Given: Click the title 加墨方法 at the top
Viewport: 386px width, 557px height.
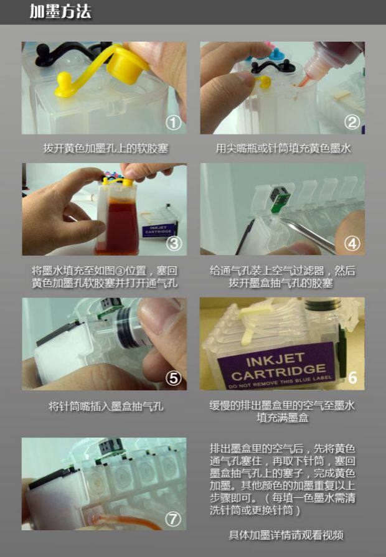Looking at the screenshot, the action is click(60, 11).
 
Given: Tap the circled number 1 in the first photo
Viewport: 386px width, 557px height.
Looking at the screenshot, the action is click(174, 123).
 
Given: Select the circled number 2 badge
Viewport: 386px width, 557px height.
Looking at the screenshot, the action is click(352, 122).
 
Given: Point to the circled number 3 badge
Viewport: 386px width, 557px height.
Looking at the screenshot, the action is click(174, 243).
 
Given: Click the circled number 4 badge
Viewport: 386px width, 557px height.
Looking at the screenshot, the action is click(352, 244).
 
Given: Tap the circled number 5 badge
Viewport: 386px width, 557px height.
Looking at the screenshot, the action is click(174, 378).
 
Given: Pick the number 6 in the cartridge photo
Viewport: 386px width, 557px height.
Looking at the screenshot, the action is click(352, 378).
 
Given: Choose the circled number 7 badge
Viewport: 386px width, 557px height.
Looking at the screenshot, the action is click(173, 519).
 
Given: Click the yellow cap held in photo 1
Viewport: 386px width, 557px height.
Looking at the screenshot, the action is click(126, 67).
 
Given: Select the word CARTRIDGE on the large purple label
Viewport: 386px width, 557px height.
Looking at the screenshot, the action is click(278, 373).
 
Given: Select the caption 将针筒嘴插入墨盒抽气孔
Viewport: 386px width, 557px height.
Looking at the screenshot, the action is click(106, 406).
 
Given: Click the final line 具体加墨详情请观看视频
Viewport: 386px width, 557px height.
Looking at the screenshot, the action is click(286, 535).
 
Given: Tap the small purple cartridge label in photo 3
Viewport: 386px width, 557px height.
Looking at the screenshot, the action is click(159, 230).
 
